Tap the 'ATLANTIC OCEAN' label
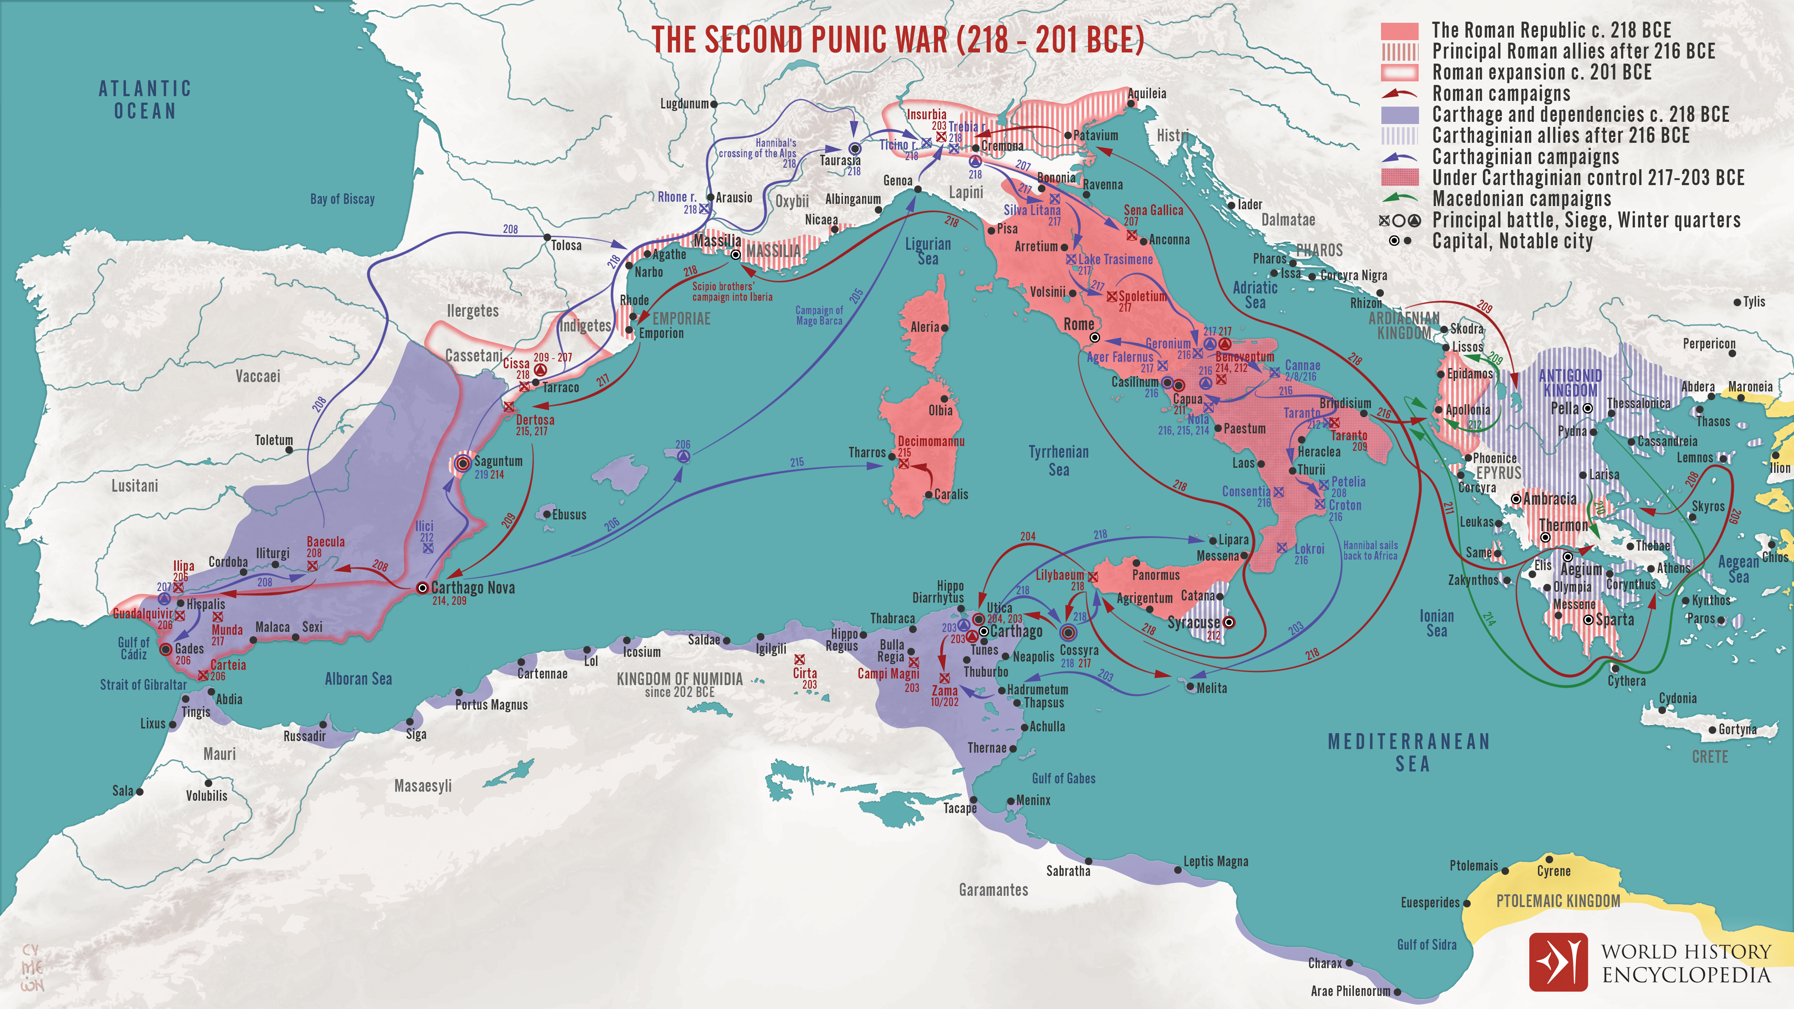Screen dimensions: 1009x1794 click(x=145, y=99)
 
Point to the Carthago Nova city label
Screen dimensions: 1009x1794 click(x=473, y=588)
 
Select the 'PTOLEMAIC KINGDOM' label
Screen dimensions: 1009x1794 click(x=1558, y=901)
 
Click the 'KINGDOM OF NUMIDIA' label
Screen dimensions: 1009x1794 click(x=679, y=679)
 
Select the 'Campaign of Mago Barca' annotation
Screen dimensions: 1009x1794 click(x=819, y=316)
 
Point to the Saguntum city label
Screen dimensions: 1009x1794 click(x=498, y=461)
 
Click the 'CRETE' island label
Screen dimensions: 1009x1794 click(x=1710, y=757)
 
